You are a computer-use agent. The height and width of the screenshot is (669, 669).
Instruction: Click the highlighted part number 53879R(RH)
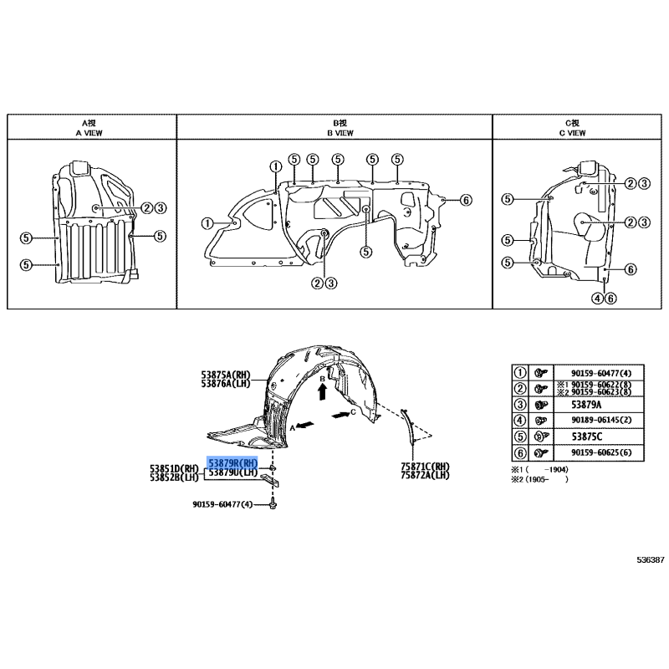pos(232,463)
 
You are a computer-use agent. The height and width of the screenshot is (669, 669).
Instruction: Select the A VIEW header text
pos(89,133)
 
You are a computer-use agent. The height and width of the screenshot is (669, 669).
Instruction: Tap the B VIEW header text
pos(340,133)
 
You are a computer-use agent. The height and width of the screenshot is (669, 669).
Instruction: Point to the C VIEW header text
pos(573,133)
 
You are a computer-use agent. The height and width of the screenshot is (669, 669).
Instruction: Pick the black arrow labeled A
pos(305,425)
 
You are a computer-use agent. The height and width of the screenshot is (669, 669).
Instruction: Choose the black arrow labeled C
pos(340,414)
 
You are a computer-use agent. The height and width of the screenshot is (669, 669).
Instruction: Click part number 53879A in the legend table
pos(586,405)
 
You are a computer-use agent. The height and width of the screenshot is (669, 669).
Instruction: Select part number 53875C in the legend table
pos(586,437)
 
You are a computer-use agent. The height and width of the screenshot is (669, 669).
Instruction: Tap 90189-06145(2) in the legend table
pos(601,421)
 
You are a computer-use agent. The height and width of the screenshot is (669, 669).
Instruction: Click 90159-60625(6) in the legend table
pos(601,452)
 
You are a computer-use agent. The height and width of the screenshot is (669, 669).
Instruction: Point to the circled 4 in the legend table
pos(519,421)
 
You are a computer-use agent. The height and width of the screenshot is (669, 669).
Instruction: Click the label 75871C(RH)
pos(425,467)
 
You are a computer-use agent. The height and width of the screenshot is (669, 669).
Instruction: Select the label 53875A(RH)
pos(226,375)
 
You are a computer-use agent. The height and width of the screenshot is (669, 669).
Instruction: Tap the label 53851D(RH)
pos(174,469)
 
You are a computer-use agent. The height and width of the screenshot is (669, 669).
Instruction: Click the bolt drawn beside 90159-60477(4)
pos(273,505)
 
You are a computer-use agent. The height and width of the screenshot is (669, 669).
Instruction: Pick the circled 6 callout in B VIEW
pos(466,200)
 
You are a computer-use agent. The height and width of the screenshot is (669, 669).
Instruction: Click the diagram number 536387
pos(651,560)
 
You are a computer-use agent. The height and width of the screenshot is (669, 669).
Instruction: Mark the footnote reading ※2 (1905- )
pos(539,479)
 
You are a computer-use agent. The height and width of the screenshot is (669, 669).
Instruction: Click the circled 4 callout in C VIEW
pos(598,299)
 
